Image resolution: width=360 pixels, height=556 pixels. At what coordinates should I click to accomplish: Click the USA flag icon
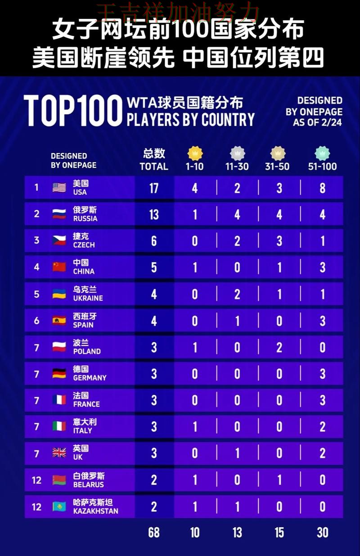[x=59, y=188]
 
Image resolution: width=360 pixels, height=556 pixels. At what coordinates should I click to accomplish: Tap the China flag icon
[x=59, y=267]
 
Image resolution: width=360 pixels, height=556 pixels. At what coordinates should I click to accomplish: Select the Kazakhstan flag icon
[x=59, y=507]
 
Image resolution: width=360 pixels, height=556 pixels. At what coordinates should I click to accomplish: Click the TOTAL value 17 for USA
[x=154, y=188]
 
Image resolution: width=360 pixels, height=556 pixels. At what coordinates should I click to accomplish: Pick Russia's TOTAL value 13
[x=154, y=214]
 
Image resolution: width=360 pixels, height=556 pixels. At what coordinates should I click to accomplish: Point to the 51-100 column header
[x=322, y=166]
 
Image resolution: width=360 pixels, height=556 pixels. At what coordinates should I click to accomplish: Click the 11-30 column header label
[x=237, y=166]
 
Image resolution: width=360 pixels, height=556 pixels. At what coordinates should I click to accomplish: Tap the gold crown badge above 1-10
[x=194, y=153]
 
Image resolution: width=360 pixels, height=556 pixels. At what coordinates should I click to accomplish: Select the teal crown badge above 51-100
[x=322, y=153]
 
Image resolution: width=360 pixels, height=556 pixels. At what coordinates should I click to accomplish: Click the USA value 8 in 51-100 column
[x=322, y=188]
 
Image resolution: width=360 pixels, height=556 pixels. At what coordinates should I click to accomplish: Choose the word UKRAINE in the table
[x=88, y=298]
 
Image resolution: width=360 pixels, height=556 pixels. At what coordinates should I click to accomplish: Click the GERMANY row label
[x=90, y=378]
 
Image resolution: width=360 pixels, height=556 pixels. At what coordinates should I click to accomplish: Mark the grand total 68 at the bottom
[x=154, y=533]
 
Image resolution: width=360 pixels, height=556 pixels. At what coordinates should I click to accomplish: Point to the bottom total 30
[x=322, y=533]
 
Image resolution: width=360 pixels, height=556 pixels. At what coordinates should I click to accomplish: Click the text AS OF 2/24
[x=317, y=122]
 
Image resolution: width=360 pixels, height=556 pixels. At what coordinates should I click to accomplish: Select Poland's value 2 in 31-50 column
[x=279, y=347]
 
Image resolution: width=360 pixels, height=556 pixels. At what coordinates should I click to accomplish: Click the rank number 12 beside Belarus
[x=36, y=480]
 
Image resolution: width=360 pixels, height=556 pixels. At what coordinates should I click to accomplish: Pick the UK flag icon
[x=59, y=453]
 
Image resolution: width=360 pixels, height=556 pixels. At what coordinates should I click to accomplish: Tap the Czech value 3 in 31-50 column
[x=279, y=241]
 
